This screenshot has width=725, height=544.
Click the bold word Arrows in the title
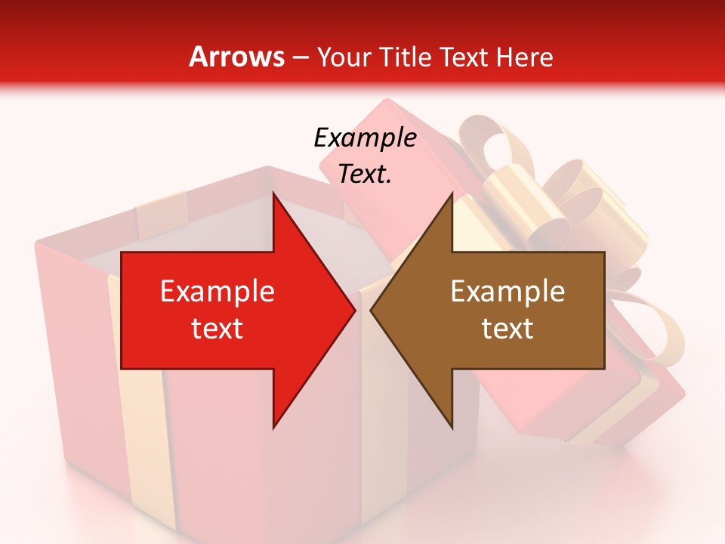(236, 57)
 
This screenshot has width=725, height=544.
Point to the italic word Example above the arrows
(365, 138)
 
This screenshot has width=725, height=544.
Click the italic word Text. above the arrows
(365, 174)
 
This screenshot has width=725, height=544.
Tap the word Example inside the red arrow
(217, 292)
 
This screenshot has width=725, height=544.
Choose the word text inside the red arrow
(217, 329)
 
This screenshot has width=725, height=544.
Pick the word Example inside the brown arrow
(507, 292)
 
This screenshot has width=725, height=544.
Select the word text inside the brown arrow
(507, 329)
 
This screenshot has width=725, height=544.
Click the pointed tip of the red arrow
(354, 311)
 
